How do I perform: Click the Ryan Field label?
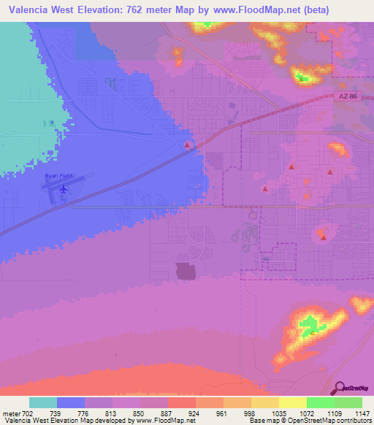[59, 175]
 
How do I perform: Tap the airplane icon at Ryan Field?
[64, 190]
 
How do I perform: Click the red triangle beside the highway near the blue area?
[187, 145]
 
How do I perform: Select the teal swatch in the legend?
[43, 402]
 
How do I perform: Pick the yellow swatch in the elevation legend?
[292, 402]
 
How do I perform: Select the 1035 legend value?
[279, 413]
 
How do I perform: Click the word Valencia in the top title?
[30, 10]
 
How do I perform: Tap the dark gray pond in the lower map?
[186, 271]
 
